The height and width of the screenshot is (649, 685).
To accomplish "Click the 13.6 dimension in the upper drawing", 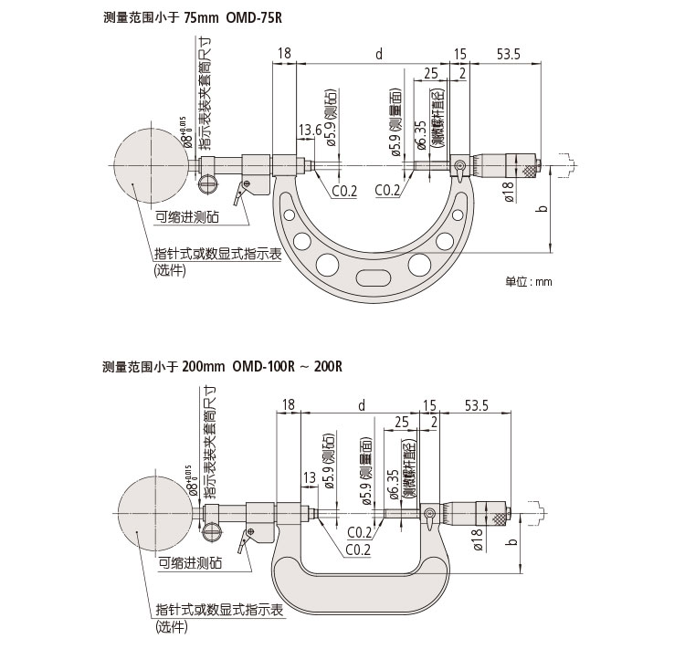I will pyautogui.click(x=311, y=131).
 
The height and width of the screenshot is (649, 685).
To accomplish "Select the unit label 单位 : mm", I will pyautogui.click(x=529, y=282).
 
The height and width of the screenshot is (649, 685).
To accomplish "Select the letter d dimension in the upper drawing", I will pyautogui.click(x=379, y=54).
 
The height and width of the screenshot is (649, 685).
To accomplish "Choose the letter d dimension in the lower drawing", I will pyautogui.click(x=362, y=404).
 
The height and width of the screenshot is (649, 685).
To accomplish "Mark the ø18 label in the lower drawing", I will pyautogui.click(x=477, y=540).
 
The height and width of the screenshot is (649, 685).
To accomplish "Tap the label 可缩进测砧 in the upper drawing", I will pyautogui.click(x=187, y=216).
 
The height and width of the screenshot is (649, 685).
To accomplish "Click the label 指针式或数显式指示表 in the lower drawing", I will pyautogui.click(x=216, y=610).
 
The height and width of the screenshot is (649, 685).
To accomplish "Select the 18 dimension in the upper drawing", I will pyautogui.click(x=284, y=54).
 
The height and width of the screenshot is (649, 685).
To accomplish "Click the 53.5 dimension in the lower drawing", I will pyautogui.click(x=479, y=404).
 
